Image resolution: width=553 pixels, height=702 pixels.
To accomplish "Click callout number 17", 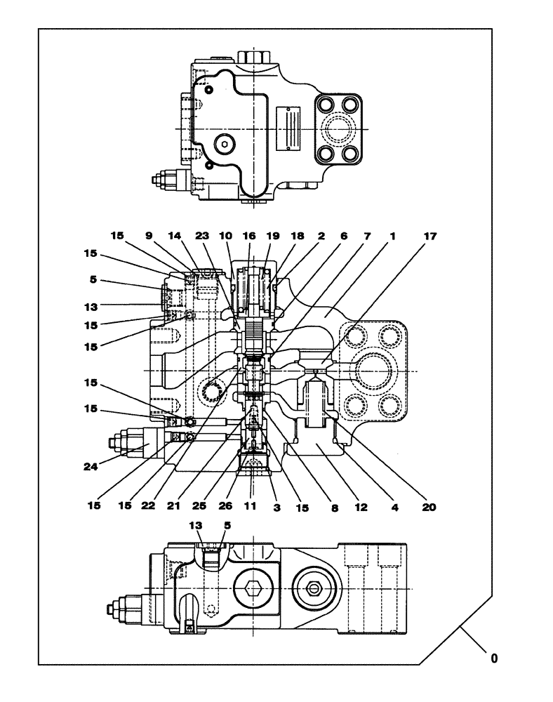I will tap(430, 237).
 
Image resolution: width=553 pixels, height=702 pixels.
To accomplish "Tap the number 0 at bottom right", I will tap(494, 658).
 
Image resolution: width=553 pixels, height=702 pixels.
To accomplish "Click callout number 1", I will tap(392, 237).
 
